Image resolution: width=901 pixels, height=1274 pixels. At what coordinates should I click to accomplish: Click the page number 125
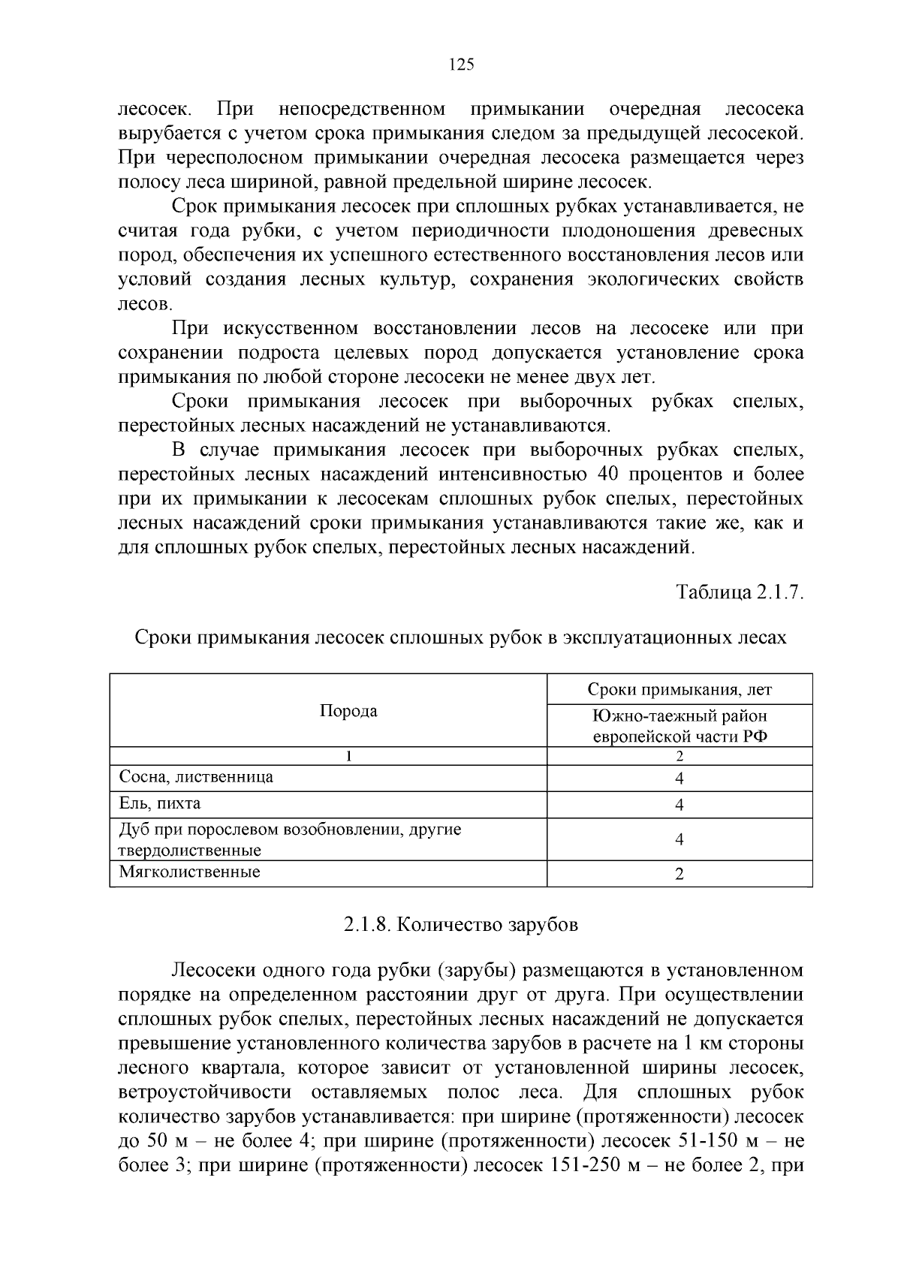[x=461, y=65]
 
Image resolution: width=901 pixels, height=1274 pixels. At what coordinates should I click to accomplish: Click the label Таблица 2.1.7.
[x=740, y=592]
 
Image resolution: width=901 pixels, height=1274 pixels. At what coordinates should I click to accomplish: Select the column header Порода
[x=348, y=711]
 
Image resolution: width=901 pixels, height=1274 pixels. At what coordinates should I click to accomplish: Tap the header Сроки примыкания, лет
[x=680, y=689]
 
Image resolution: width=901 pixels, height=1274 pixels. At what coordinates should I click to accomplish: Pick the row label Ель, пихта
[x=160, y=804]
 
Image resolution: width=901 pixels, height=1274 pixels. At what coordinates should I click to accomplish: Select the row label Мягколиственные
[x=190, y=872]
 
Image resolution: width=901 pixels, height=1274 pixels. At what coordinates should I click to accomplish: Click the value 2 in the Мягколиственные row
[x=680, y=874]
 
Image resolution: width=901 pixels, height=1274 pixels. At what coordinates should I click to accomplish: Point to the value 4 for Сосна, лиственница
[x=680, y=779]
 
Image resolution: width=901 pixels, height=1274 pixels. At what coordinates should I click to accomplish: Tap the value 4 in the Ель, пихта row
[x=680, y=806]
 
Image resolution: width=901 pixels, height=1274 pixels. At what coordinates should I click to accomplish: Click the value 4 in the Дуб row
[x=680, y=839]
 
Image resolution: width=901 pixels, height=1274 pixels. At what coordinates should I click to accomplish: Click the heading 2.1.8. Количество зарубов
[x=461, y=925]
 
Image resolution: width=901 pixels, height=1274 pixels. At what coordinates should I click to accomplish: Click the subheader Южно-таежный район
[x=680, y=716]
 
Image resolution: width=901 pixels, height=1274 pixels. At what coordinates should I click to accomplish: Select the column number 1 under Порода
[x=348, y=756]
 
